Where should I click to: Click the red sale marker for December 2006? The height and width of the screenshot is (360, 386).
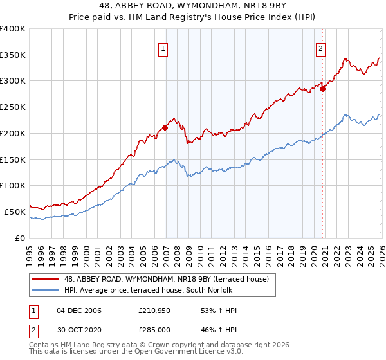pos(165,127)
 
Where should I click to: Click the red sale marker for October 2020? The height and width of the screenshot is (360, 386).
pos(322,89)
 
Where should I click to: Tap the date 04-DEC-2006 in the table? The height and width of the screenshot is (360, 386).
pos(79,311)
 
